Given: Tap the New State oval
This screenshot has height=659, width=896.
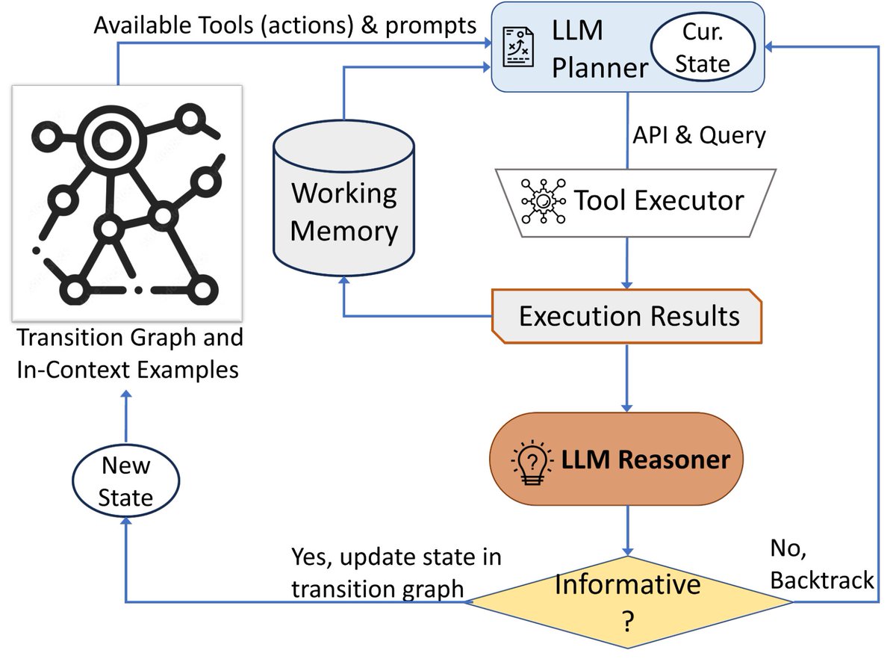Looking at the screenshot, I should coord(125,481).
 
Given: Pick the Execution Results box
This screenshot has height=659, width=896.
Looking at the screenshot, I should coord(627,316).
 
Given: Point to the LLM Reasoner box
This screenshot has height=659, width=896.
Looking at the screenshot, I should coord(616,459).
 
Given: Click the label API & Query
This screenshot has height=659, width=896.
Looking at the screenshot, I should coord(698,136).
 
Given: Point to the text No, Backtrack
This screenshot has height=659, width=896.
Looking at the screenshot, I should coord(821,565).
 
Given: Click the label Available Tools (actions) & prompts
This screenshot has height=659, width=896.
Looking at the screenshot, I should coord(285,26).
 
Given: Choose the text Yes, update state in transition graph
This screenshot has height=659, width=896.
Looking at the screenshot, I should coord(396,573).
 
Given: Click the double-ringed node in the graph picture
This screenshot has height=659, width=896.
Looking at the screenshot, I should coord(102,137).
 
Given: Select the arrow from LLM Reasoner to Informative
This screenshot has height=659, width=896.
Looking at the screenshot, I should coord(627,530).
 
